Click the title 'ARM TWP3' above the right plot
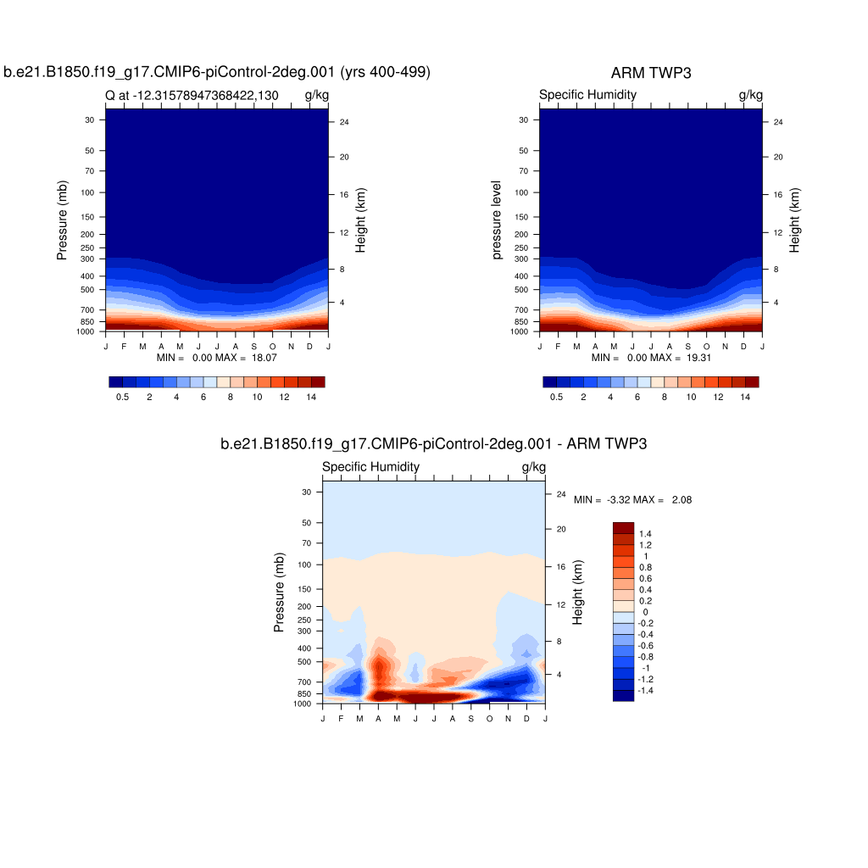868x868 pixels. coord(650,73)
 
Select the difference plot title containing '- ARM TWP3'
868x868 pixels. coord(433,443)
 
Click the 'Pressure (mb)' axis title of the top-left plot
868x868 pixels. coord(62,221)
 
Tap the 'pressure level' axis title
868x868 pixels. coord(497,220)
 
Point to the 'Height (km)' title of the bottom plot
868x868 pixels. coord(578,593)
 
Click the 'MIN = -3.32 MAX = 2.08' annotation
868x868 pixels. coord(632,500)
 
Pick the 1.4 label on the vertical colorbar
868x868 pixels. coord(646,533)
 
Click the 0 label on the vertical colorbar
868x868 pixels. coord(646,612)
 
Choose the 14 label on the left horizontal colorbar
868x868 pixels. coord(311,397)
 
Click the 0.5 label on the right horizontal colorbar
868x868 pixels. coord(556,397)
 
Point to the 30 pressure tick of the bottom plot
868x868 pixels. coord(308,492)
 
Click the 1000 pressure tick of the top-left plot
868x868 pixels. coord(88,331)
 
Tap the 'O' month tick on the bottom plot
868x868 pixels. coord(490,719)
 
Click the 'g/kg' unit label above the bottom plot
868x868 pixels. coord(533,467)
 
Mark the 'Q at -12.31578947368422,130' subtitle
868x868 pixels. coord(192,95)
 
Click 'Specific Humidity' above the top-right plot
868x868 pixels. coord(587,95)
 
